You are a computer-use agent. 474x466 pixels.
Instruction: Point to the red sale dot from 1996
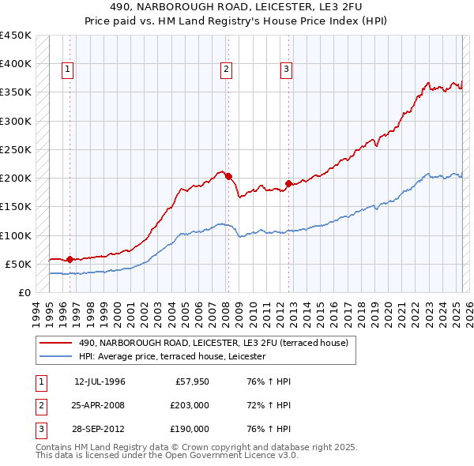coord(70,259)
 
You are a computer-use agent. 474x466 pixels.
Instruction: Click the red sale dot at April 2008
coord(228,177)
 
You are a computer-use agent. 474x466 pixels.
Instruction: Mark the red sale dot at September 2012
coord(288,184)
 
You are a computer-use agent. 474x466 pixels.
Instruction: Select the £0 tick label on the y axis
coord(24,292)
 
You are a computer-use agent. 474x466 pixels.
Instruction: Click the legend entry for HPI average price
coord(172,357)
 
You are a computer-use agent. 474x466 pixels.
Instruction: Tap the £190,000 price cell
coord(190,429)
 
